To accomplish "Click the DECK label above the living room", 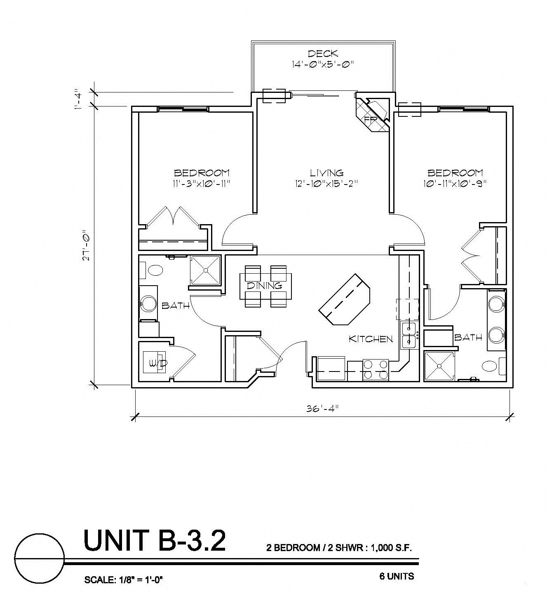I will click(323, 54).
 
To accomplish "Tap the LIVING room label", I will click(326, 173).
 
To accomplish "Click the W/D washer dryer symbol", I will click(155, 362).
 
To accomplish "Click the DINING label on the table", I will click(265, 285).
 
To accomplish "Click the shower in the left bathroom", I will click(205, 270).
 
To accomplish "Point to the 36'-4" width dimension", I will click(322, 409).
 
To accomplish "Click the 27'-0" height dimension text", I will click(86, 245).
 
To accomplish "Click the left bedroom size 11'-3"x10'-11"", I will click(201, 184).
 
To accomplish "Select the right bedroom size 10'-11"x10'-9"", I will click(455, 184).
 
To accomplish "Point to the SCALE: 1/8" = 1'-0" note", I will click(124, 580).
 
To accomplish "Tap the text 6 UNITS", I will click(397, 576).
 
